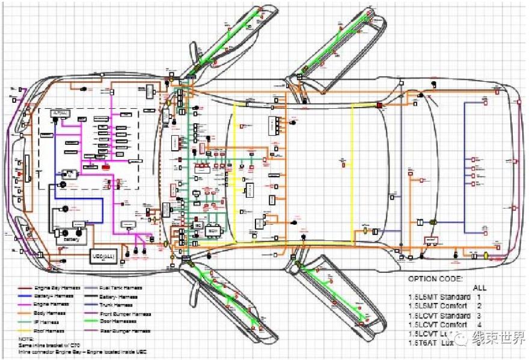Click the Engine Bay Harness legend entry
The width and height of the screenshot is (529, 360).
point(58,288)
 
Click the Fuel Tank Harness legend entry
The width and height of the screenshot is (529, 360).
point(123,288)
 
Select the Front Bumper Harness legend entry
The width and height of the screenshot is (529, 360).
point(128,314)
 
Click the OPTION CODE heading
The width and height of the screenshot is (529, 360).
point(436,279)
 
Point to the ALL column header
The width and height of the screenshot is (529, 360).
point(480,288)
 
